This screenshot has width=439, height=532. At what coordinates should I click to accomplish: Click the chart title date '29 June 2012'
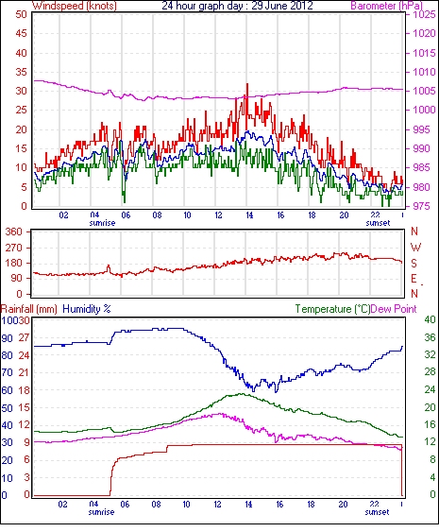(282, 6)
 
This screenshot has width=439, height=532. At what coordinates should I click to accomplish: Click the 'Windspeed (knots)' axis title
(75, 6)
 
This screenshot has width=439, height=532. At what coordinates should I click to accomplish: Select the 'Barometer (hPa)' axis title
(386, 6)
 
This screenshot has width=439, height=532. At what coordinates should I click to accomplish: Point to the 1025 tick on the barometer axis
(424, 14)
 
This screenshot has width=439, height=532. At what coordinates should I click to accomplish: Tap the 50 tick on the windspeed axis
(21, 14)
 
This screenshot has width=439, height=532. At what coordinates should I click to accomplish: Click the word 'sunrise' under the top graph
(102, 223)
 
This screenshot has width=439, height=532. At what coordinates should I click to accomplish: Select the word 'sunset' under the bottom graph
(377, 511)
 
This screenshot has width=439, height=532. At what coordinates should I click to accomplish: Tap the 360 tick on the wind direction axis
(14, 232)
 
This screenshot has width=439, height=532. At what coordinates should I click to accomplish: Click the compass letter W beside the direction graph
(415, 248)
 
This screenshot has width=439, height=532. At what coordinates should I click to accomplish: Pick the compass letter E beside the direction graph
(414, 279)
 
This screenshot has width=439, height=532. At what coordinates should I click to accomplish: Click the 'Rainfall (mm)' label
(29, 309)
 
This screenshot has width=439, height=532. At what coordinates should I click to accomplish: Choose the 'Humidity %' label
(87, 309)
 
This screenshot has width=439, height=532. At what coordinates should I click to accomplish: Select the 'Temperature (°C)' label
(332, 309)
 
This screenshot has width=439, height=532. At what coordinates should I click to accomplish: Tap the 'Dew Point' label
(394, 309)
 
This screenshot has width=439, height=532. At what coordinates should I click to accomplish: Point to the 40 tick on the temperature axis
(431, 319)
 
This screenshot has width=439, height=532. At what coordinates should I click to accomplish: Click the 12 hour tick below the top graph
(218, 215)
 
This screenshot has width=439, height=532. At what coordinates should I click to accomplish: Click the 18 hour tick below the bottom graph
(311, 505)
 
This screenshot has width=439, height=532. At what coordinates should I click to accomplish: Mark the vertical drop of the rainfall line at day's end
(402, 470)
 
